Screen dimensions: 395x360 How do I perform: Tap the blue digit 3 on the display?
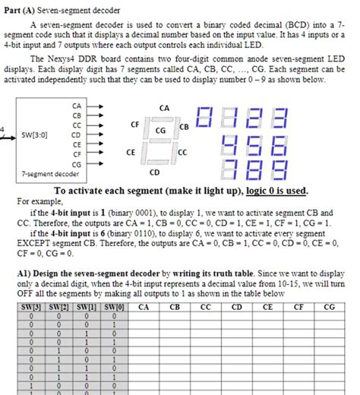point(280,118)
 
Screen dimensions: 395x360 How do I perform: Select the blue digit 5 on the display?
point(255,144)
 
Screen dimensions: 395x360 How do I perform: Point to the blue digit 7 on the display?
point(231,169)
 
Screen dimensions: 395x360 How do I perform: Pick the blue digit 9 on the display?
point(280,169)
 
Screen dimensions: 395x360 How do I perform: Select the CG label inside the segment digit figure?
point(160,131)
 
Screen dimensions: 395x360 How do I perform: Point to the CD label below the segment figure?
point(154,172)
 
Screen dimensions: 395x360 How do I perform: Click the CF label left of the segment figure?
point(134,123)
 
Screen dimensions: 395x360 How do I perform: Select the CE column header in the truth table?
point(267,308)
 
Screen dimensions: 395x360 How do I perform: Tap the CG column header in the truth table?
point(329,308)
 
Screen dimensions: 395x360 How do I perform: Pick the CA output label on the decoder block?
point(77,106)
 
